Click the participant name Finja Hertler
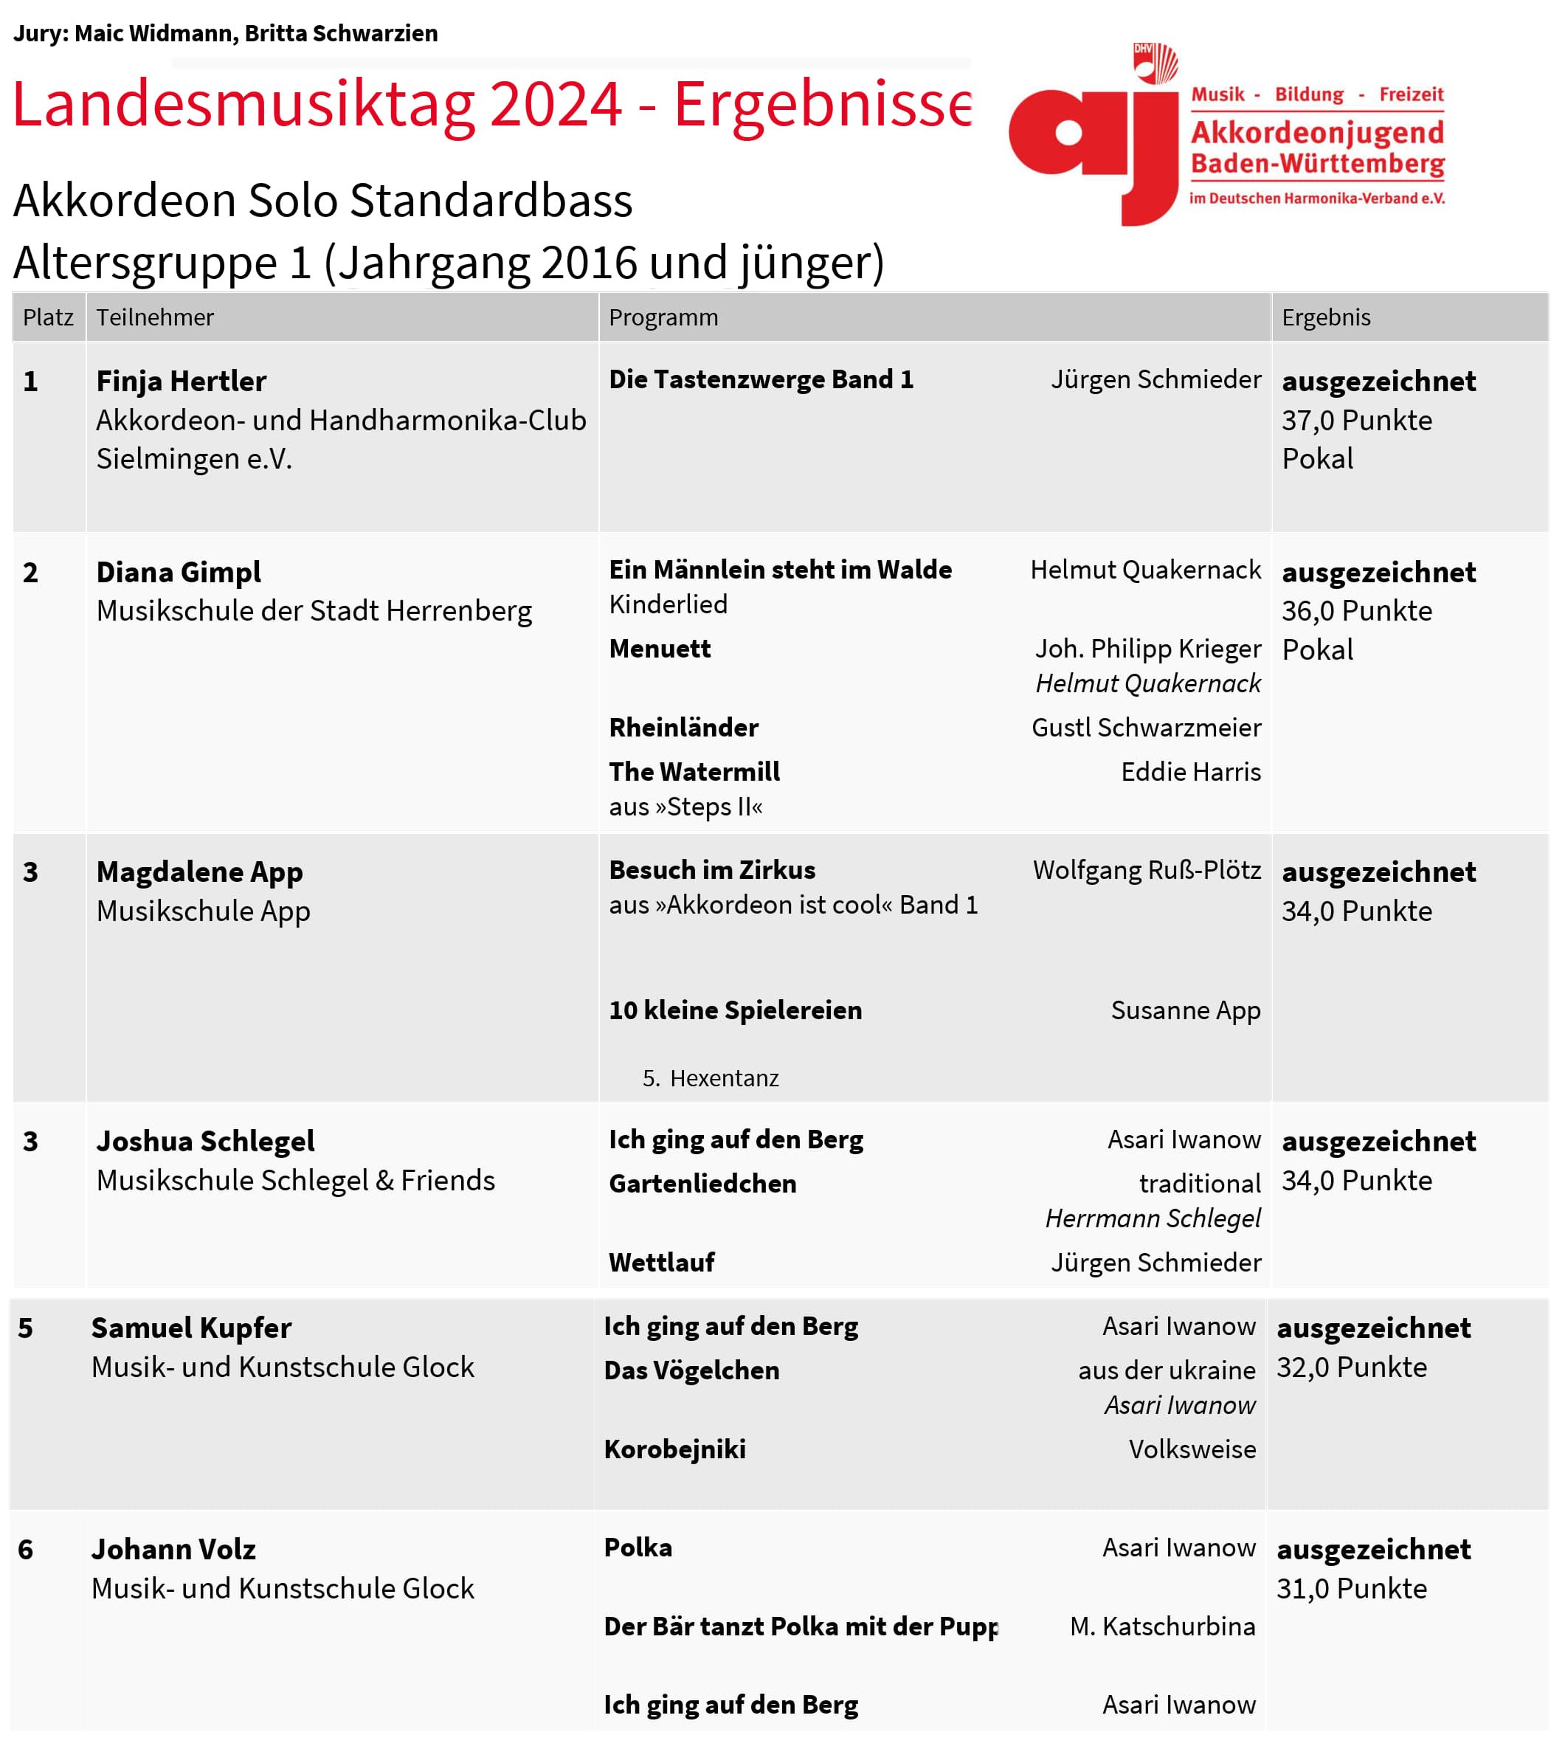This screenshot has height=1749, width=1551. [181, 381]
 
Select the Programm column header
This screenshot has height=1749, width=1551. [663, 317]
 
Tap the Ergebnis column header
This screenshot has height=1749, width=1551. [1325, 317]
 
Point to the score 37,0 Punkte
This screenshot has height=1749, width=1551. [1356, 420]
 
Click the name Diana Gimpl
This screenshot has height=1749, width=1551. [178, 572]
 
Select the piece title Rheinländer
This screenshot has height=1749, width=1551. [683, 728]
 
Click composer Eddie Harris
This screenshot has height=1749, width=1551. [1190, 772]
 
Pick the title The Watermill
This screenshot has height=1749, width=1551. [694, 772]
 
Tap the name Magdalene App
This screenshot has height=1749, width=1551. [199, 872]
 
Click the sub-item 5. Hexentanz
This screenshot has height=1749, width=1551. [710, 1078]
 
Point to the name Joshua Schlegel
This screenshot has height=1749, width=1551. [205, 1142]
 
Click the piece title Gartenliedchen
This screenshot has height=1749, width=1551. [702, 1184]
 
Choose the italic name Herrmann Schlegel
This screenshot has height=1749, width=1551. [1153, 1218]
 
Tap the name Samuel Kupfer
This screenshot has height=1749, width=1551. [191, 1328]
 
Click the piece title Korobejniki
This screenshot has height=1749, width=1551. [674, 1449]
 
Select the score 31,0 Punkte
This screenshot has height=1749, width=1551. [1351, 1589]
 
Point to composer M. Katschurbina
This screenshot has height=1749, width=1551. [1161, 1626]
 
